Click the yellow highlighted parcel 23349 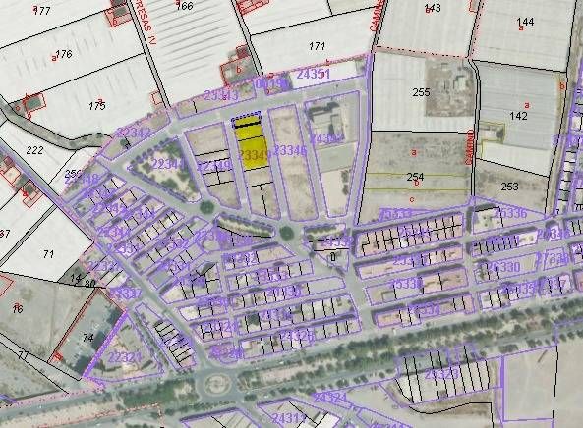[253, 151]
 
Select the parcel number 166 [184, 6]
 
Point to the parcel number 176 [65, 53]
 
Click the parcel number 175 [96, 105]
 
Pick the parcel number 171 [317, 46]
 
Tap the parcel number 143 [433, 8]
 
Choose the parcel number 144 [525, 22]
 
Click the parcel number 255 [421, 92]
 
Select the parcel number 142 [518, 115]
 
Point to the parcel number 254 [414, 177]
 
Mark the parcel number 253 [509, 186]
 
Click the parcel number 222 [34, 150]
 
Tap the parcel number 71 [48, 254]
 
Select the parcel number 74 [87, 338]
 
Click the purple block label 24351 [314, 75]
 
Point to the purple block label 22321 [124, 356]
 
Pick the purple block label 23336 [511, 213]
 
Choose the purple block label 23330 [502, 267]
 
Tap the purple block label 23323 [441, 374]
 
